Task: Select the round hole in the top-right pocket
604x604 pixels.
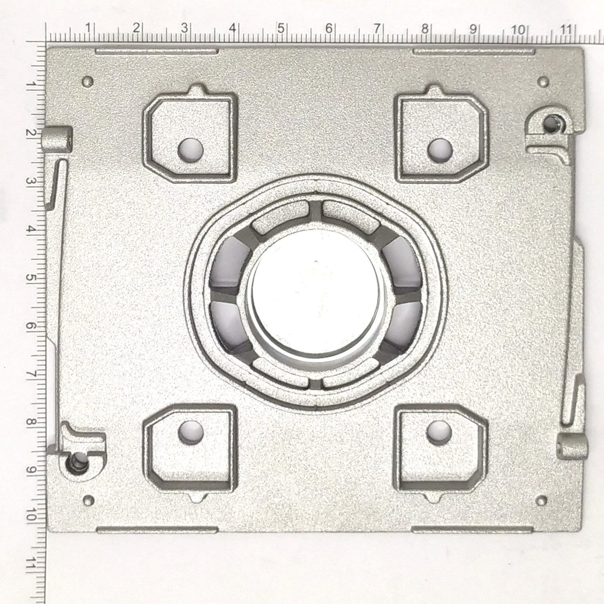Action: [x=440, y=149]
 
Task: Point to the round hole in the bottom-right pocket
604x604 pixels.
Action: [x=439, y=432]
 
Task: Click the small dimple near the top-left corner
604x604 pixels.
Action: [x=88, y=81]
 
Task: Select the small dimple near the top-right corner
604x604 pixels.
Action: [x=543, y=82]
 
